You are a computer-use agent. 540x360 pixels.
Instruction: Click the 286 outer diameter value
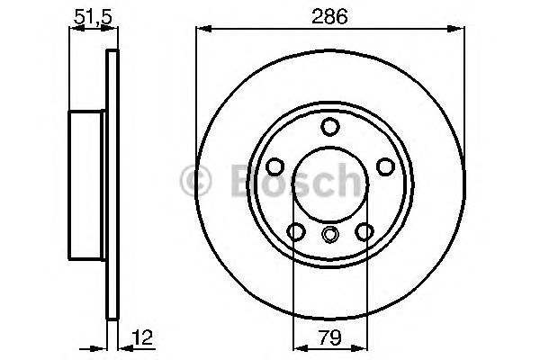[329, 14]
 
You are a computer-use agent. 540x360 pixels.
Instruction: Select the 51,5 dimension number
[86, 14]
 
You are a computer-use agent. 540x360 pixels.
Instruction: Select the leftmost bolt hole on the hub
[274, 166]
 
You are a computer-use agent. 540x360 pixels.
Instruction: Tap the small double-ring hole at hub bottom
[329, 236]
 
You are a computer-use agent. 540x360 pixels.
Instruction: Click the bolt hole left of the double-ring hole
[295, 232]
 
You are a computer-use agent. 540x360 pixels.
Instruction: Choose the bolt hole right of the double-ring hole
[364, 232]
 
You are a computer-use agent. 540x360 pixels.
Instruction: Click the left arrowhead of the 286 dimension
[201, 30]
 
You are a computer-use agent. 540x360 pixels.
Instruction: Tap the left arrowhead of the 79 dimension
[298, 346]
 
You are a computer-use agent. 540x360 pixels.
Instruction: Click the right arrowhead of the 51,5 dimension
[113, 30]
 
